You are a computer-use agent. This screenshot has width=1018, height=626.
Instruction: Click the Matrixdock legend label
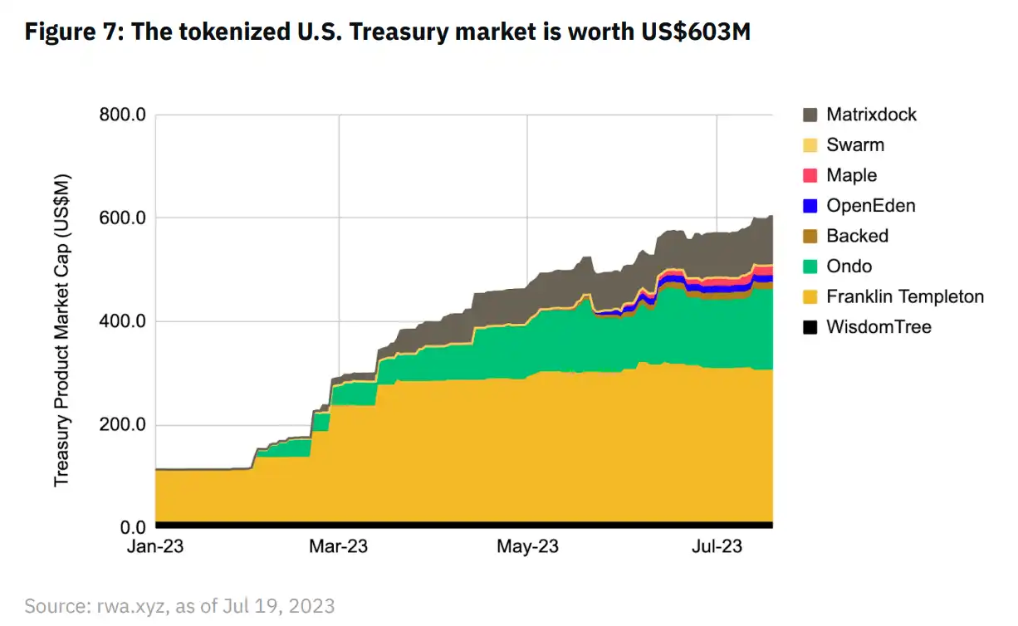pyautogui.click(x=871, y=115)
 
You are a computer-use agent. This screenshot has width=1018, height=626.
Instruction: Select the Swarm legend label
pyautogui.click(x=855, y=145)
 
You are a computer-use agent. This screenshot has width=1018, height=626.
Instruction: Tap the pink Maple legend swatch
pyautogui.click(x=811, y=175)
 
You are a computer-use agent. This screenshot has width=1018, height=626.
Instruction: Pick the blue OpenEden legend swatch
pyautogui.click(x=811, y=206)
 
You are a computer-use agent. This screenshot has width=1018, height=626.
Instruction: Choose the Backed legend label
pyautogui.click(x=857, y=236)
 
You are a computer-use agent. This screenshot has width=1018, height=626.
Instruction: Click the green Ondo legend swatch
pyautogui.click(x=811, y=267)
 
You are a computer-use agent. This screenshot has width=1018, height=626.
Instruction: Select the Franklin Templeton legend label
pyautogui.click(x=905, y=296)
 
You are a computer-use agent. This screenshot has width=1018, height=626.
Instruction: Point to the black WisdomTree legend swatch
pyautogui.click(x=811, y=327)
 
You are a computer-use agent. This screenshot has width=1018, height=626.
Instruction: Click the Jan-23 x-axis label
pyautogui.click(x=156, y=547)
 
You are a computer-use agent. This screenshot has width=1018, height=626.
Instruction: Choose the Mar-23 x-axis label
pyautogui.click(x=340, y=547)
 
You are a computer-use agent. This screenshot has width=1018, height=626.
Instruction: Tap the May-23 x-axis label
pyautogui.click(x=528, y=547)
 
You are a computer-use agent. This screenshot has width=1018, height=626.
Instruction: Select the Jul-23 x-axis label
pyautogui.click(x=717, y=547)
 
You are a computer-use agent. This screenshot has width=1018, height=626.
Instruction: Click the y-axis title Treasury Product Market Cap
pyautogui.click(x=62, y=330)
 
